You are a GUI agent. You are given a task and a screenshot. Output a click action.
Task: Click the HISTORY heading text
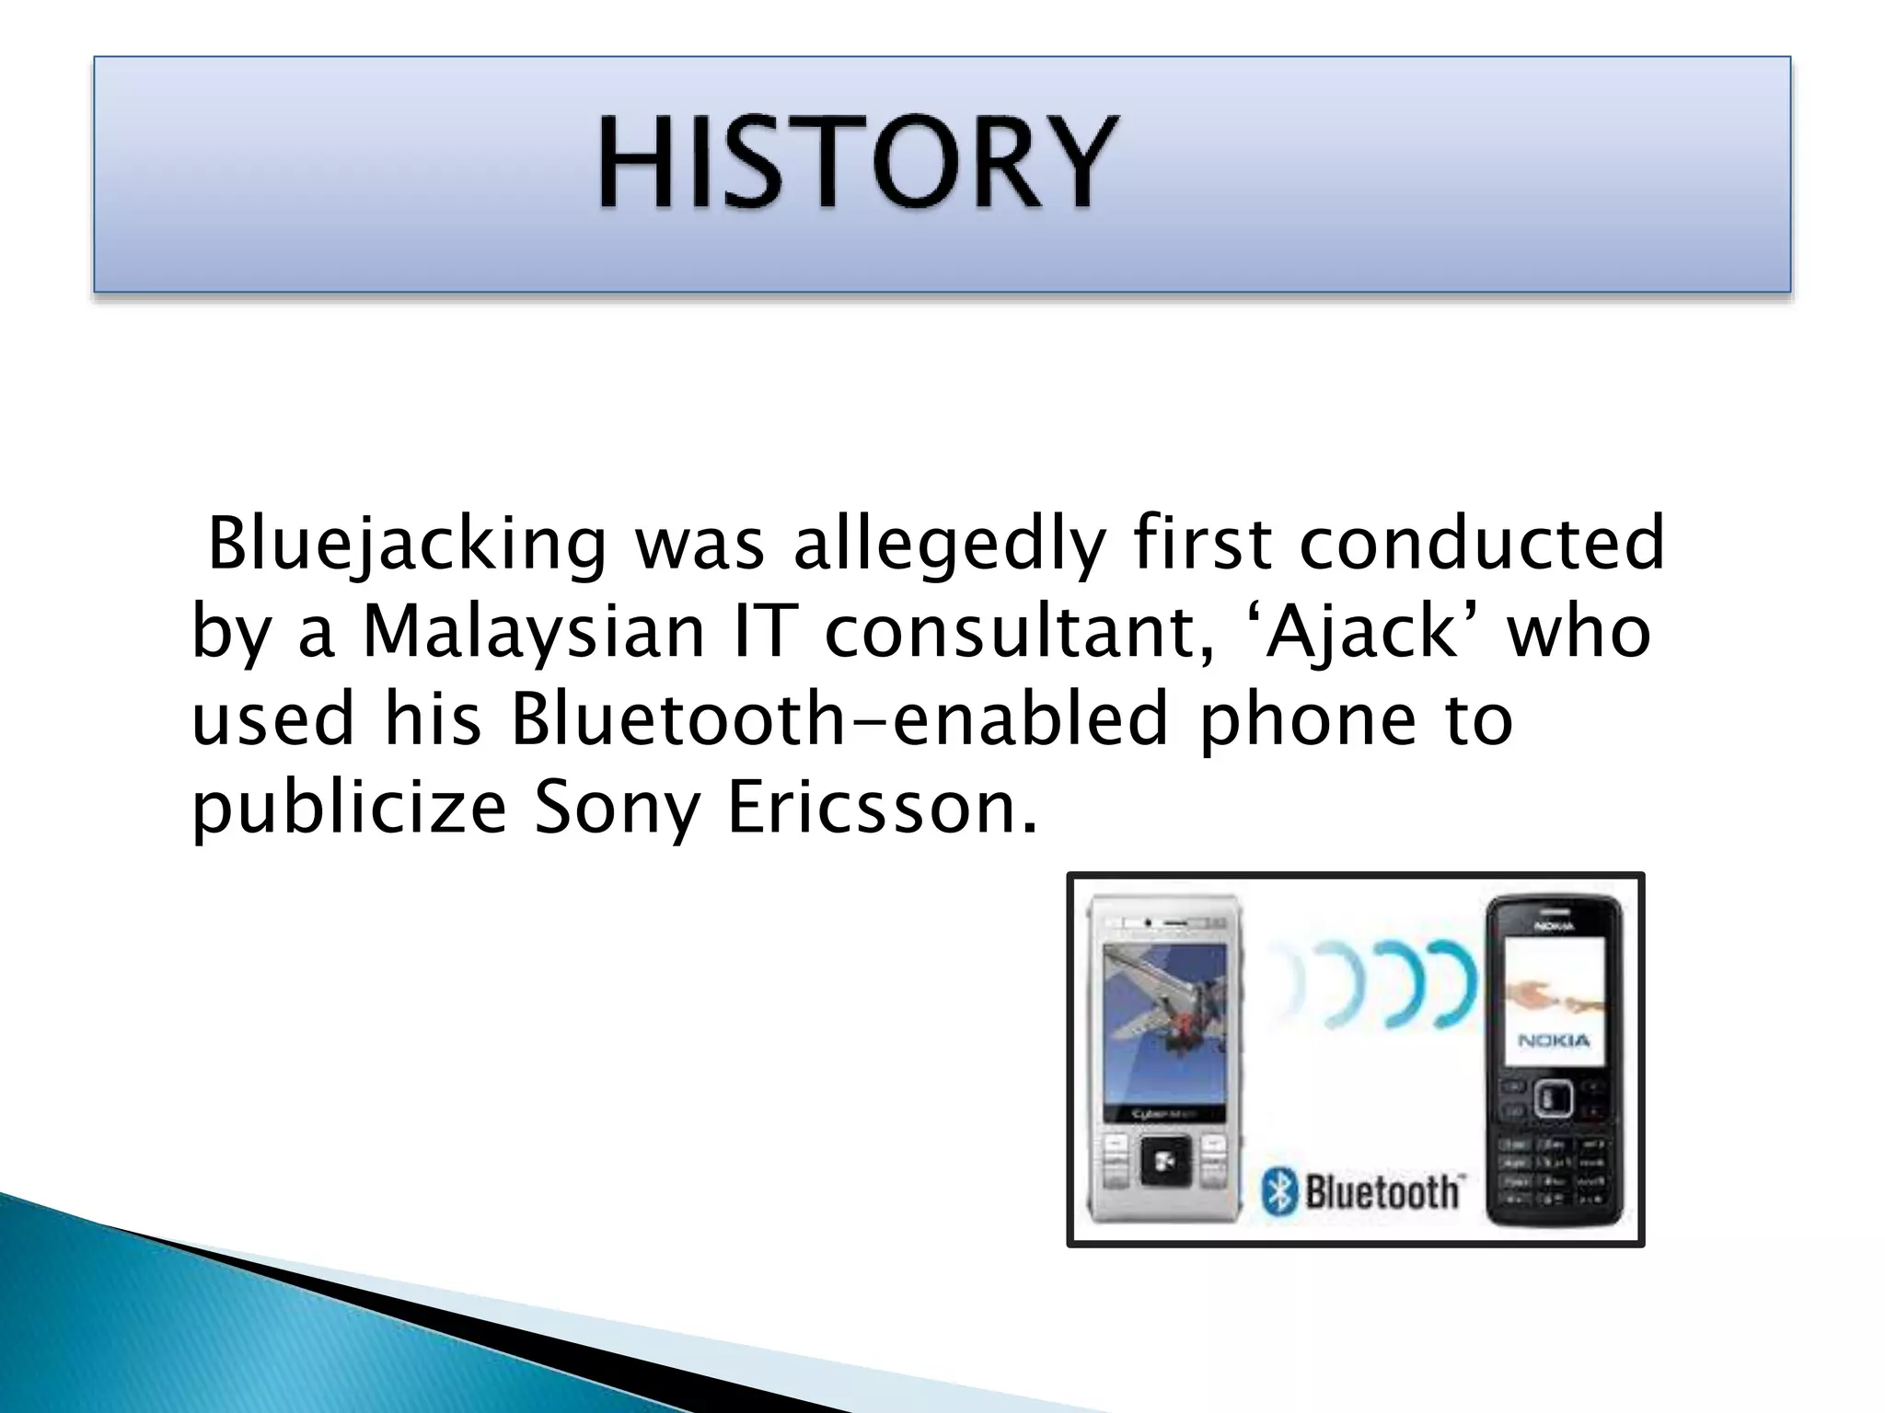point(858,164)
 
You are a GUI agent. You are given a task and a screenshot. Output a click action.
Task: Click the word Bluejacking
point(407,543)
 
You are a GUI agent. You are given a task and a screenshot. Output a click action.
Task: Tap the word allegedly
point(948,543)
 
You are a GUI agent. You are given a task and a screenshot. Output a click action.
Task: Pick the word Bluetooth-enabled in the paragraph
point(839,718)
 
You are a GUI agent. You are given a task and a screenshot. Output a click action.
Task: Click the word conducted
point(1481,543)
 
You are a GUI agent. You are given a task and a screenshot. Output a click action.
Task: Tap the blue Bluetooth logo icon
point(1278,1192)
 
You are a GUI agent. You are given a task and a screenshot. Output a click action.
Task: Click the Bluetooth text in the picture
point(1382,1192)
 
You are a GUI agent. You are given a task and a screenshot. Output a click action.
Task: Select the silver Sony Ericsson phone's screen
point(1164,1026)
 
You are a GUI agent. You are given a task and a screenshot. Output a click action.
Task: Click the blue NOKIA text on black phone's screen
point(1554,1040)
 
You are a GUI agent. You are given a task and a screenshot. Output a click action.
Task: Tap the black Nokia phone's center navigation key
point(1553,1097)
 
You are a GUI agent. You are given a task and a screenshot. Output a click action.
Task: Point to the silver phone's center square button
point(1165,1163)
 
